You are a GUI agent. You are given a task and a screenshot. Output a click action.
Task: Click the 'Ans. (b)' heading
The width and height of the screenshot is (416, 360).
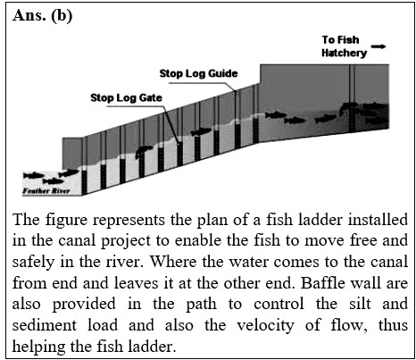point(42,16)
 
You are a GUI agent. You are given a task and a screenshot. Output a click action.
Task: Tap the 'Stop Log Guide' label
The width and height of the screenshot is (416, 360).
point(198,73)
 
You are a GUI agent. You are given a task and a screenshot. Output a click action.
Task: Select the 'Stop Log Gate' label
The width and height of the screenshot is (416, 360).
point(126,97)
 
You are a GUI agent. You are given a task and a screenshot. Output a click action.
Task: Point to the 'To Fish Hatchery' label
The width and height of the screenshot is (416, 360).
point(344,46)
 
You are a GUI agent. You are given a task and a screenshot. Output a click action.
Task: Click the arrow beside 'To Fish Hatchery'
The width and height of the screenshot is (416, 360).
point(379,46)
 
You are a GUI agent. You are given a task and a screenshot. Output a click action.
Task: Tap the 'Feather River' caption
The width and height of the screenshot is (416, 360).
point(46,191)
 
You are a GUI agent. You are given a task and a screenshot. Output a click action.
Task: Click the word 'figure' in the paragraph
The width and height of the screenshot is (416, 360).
point(66,221)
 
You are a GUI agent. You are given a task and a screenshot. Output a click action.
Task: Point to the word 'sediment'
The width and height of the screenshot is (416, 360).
point(45,325)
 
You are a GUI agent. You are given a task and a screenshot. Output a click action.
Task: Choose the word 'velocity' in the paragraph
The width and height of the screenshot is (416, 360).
point(265,326)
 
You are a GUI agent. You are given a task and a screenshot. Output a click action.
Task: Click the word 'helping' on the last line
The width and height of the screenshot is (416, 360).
point(38,347)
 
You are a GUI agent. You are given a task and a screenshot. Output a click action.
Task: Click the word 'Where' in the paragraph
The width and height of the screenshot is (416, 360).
point(172,262)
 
